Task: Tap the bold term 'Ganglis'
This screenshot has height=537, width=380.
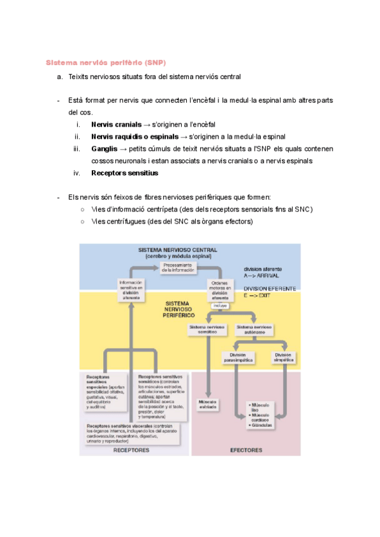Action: point(104,149)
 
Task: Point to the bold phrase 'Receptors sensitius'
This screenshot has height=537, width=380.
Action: point(125,173)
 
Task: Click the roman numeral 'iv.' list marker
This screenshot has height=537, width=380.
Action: point(78,173)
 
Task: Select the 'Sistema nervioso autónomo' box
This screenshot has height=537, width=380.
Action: point(255,329)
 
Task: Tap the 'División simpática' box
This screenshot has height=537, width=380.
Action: point(283,357)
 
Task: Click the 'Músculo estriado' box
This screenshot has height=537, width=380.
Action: point(208,403)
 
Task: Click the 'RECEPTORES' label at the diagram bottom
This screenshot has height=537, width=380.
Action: point(132,450)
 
